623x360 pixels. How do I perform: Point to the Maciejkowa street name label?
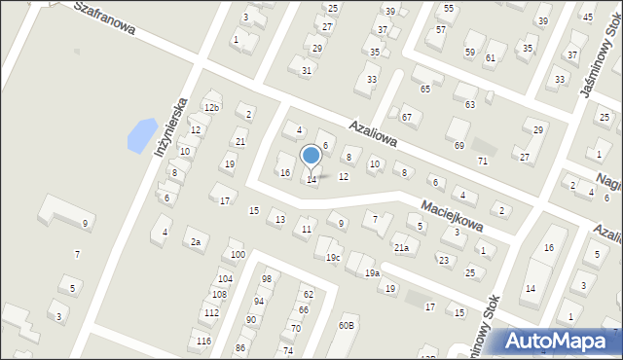[452, 215]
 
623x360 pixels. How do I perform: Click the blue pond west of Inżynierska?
[142, 133]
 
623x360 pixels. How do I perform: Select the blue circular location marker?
[311, 156]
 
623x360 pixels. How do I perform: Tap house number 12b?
[211, 107]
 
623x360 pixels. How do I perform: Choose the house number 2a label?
[196, 241]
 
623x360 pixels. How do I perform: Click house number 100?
[238, 255]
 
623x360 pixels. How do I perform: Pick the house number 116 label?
[202, 341]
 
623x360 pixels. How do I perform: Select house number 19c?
[333, 257]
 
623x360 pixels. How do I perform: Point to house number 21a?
[401, 248]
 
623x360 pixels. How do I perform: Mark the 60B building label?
[346, 325]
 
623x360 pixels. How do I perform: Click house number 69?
[459, 145]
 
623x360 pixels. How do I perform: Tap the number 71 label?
[482, 161]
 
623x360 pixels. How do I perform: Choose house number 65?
[424, 89]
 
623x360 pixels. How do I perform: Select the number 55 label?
[448, 8]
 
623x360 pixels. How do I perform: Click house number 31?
[306, 70]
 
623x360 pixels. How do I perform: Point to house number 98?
[266, 278]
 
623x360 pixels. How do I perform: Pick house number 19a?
[372, 273]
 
